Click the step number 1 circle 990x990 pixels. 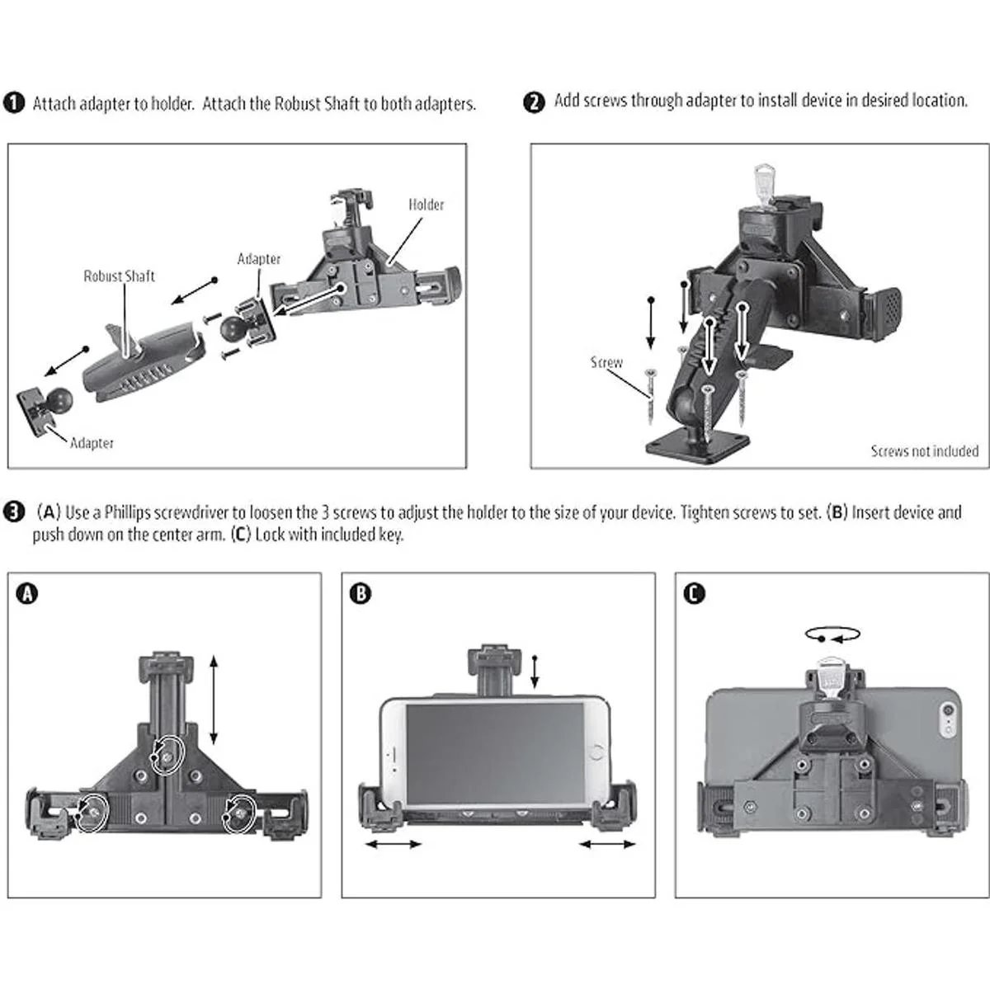pyautogui.click(x=14, y=103)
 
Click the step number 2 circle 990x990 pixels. pyautogui.click(x=535, y=102)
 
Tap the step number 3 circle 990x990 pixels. pyautogui.click(x=14, y=511)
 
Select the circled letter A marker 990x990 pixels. pyautogui.click(x=28, y=593)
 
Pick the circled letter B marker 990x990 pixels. pyautogui.click(x=361, y=593)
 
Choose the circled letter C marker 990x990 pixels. pyautogui.click(x=695, y=593)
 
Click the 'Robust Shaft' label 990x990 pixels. pyautogui.click(x=119, y=276)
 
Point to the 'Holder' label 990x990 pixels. pyautogui.click(x=426, y=205)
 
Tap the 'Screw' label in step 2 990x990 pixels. pyautogui.click(x=606, y=362)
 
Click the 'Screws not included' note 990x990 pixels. pyautogui.click(x=924, y=451)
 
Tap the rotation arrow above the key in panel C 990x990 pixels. pyautogui.click(x=833, y=634)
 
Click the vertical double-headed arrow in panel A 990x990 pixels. pyautogui.click(x=214, y=700)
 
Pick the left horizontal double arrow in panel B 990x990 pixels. pyautogui.click(x=393, y=844)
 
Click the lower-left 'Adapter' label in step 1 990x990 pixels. pyautogui.click(x=92, y=443)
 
